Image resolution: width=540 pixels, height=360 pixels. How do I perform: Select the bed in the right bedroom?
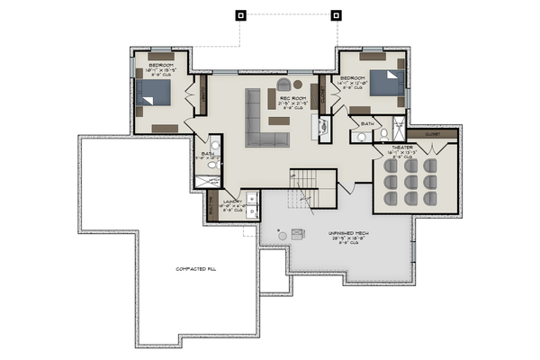[382, 83]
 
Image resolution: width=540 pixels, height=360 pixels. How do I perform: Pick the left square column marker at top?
[240, 14]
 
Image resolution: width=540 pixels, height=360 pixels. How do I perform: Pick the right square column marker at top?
[337, 14]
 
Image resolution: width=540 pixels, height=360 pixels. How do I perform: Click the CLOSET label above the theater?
[440, 132]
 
